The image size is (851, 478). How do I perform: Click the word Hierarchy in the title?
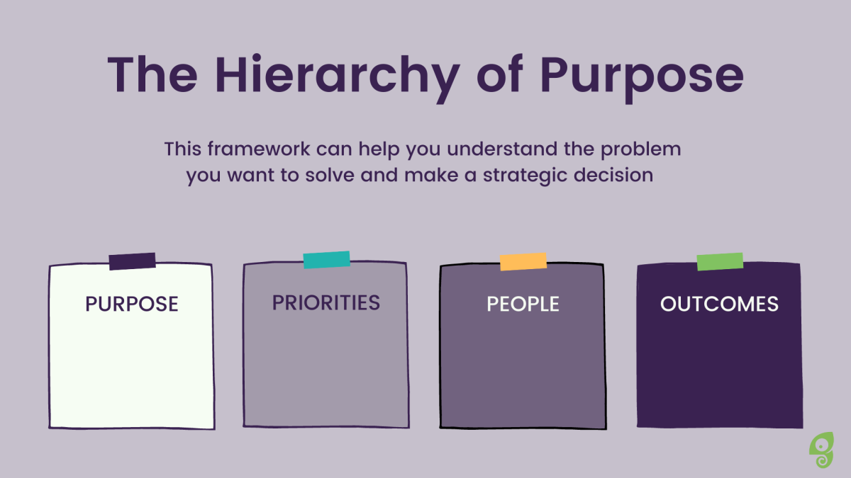point(338,78)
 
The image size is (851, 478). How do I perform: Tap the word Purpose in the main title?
point(642,79)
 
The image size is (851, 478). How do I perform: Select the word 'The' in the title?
point(152,74)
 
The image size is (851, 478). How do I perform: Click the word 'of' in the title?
point(500,74)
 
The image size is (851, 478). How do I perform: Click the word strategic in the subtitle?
point(525,176)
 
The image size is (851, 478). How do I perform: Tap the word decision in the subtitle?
point(613,175)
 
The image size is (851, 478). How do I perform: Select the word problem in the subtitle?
point(640,149)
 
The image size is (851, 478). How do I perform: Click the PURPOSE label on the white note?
point(132,305)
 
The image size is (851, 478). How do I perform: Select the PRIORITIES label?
point(326,303)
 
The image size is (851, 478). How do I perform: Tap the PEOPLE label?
point(523,305)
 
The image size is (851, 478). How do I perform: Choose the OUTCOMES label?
point(720,305)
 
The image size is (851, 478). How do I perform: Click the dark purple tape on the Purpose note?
point(132,261)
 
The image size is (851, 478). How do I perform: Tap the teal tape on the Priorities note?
point(327,260)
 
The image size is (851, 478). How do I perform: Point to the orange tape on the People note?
point(523,262)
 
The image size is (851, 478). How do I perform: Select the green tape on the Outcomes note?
point(720,262)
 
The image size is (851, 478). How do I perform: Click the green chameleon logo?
point(821,450)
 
